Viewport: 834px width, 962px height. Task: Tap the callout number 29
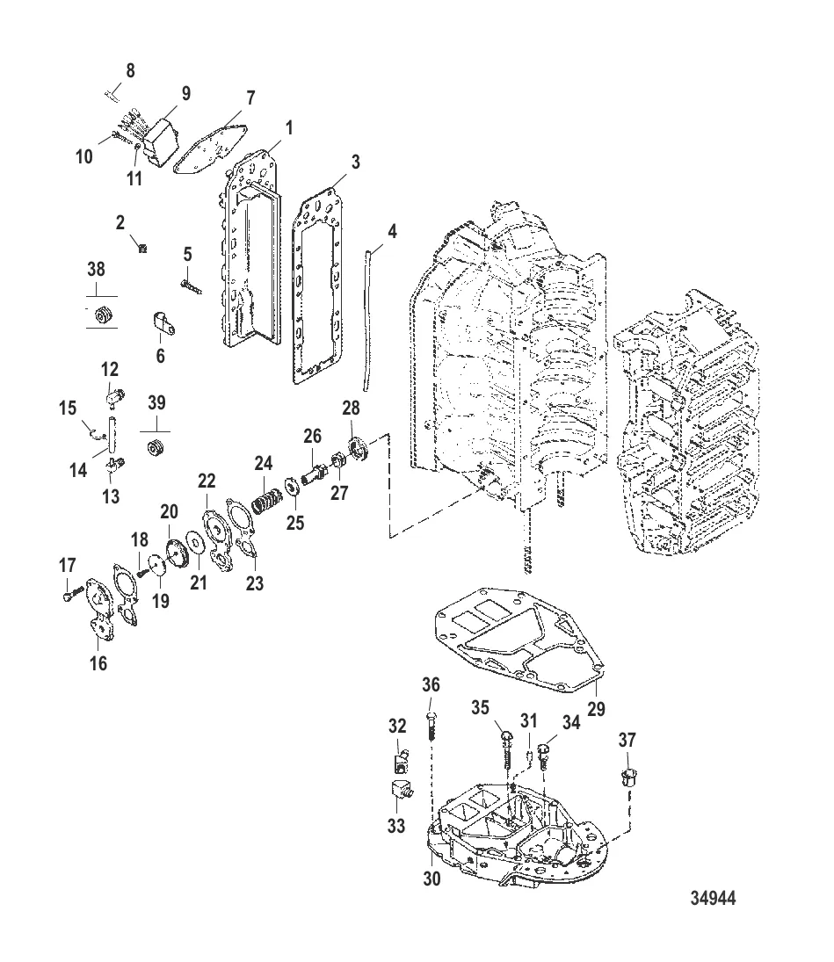(596, 708)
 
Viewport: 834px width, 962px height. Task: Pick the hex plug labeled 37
(627, 777)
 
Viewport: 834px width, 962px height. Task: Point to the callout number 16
(98, 663)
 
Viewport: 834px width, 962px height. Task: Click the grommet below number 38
(105, 314)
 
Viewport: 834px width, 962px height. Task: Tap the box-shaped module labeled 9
(161, 137)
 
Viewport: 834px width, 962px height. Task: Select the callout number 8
(130, 71)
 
